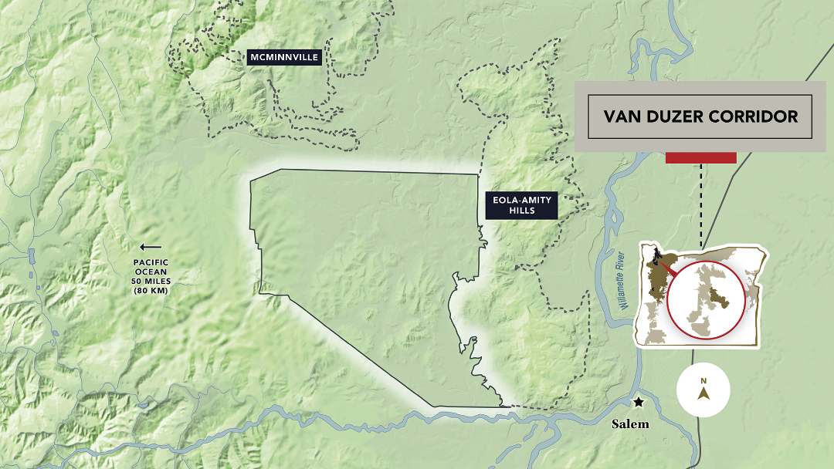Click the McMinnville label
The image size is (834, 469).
[x=284, y=57]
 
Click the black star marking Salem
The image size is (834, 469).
[x=639, y=402]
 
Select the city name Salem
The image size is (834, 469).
[x=630, y=423]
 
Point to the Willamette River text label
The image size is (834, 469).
[x=625, y=281]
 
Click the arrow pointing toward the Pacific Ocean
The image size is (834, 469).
[x=151, y=248]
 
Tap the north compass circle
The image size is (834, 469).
[x=703, y=390]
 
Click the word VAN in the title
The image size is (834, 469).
[x=622, y=117]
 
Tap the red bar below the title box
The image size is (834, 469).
[x=700, y=158]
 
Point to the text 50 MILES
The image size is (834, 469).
[x=151, y=282]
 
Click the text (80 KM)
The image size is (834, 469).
[x=151, y=291]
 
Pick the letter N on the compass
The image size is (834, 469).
[x=703, y=381]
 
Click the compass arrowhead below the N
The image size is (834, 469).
[x=703, y=393]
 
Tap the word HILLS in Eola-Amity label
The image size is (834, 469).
[x=521, y=211]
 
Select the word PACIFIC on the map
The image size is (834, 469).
[x=151, y=263]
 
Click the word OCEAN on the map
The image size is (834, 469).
[x=151, y=272]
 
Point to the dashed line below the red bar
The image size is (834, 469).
[x=701, y=201]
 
